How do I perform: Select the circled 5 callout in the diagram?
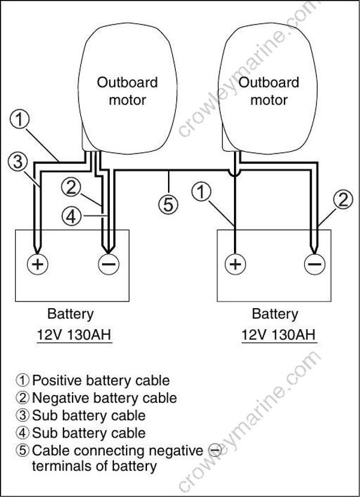[x=169, y=204]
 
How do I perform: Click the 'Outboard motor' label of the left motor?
[x=127, y=91]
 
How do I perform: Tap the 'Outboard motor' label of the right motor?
[x=268, y=91]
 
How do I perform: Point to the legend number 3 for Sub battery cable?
[x=24, y=415]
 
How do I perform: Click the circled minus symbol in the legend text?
[x=213, y=450]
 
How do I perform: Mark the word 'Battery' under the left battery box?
[x=71, y=314]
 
